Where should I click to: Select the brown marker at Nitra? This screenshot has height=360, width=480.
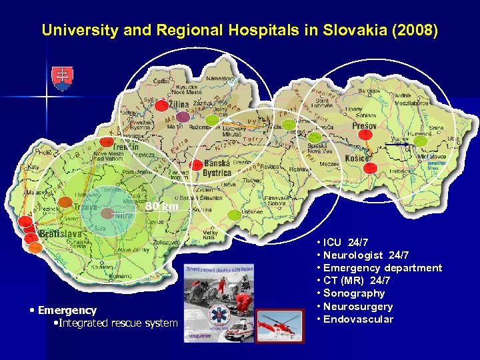click(107, 213)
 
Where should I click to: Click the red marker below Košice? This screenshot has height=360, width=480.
click(371, 167)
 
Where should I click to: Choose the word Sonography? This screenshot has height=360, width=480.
click(357, 293)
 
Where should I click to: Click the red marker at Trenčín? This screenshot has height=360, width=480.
click(107, 141)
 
